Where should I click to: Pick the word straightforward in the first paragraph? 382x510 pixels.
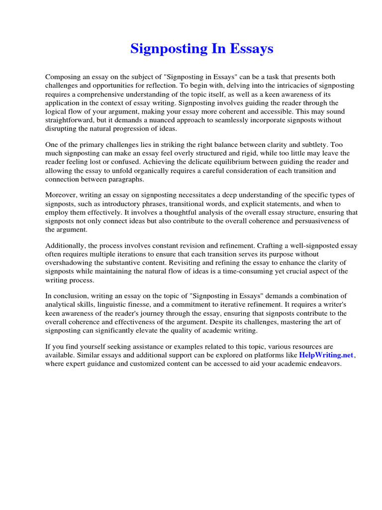tap(70, 120)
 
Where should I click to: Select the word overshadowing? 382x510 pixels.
tap(70, 263)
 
